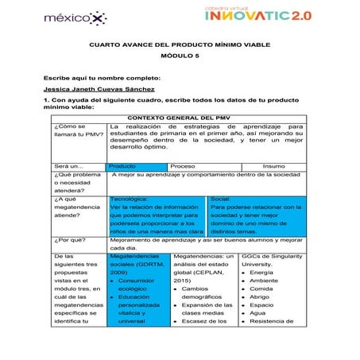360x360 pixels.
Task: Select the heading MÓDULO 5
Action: [x=180, y=58]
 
